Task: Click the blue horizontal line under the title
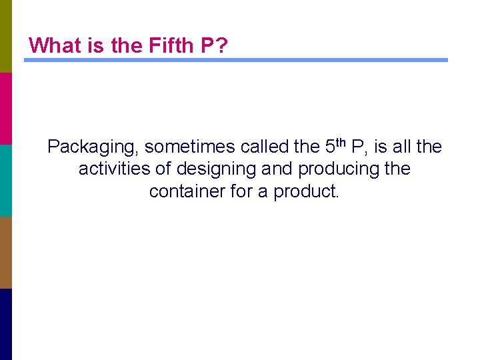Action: click(236, 60)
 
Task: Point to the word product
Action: click(307, 191)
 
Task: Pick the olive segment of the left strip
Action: click(6, 36)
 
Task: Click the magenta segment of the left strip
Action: click(6, 108)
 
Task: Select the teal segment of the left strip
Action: click(6, 180)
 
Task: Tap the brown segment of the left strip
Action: click(6, 252)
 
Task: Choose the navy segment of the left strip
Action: click(6, 324)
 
